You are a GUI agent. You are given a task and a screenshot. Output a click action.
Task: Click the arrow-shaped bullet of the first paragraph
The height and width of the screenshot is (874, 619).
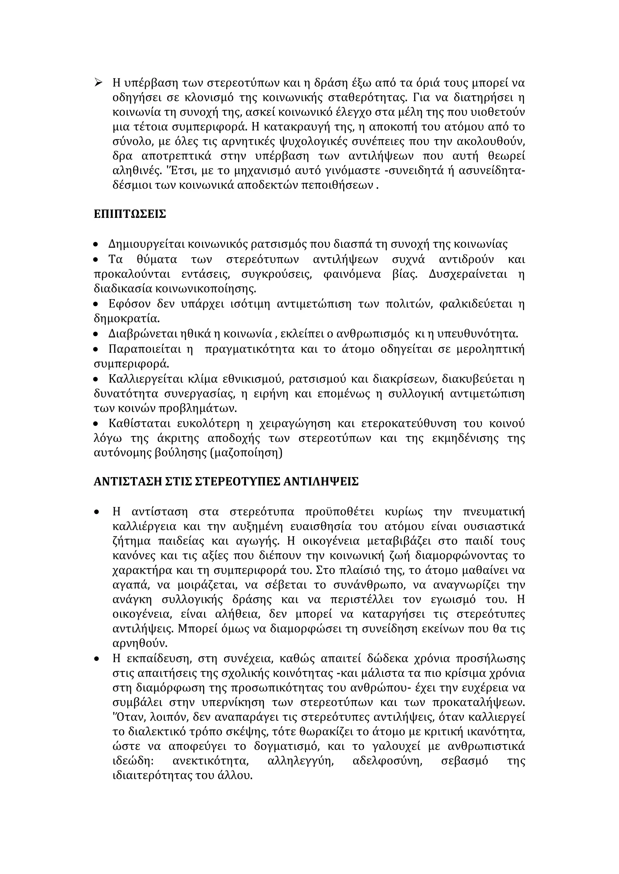98,82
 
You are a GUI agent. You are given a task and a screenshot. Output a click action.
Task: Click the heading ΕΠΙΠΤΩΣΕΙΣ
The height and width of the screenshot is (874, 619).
130,214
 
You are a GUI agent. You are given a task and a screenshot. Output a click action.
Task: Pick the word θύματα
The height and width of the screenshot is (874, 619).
157,260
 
